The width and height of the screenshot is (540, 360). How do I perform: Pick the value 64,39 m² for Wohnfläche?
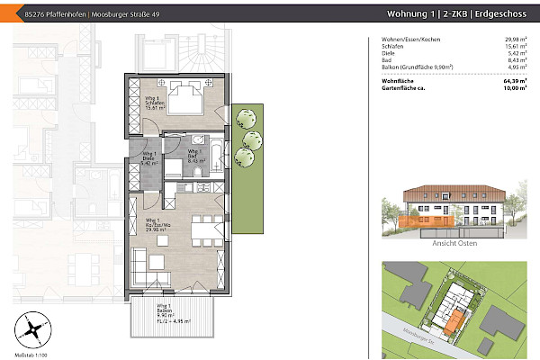pos(514,81)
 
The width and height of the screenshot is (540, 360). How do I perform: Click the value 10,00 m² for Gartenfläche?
pos(514,89)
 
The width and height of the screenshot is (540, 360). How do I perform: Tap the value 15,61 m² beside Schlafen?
pos(514,47)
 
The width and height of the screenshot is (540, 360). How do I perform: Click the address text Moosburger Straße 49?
pos(108,13)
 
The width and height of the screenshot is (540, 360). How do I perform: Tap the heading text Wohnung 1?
pos(409,13)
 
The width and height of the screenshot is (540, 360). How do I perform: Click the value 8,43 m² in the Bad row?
pos(516,60)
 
